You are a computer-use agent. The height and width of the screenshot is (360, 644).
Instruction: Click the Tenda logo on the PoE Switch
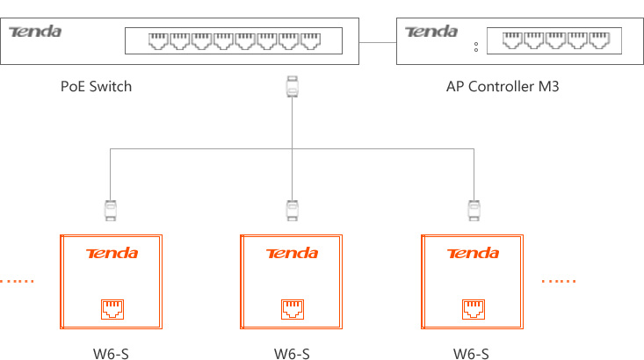tap(35, 32)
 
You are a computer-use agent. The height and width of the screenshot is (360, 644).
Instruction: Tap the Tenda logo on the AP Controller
tap(431, 32)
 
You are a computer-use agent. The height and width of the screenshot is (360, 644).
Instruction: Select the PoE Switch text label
tap(96, 87)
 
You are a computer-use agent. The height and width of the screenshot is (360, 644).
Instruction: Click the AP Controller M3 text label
tap(503, 87)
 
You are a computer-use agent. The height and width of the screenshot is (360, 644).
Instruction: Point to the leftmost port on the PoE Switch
tap(158, 40)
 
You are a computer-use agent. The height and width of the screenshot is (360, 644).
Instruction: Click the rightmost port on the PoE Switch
tap(311, 40)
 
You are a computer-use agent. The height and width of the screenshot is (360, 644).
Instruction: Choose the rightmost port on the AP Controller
tap(600, 40)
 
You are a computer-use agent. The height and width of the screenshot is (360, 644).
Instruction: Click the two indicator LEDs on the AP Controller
tap(476, 46)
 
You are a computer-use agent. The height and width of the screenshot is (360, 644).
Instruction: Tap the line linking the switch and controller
tap(379, 40)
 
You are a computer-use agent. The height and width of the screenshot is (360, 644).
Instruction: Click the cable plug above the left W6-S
tap(110, 210)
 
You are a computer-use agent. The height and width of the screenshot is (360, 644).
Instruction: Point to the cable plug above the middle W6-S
tap(292, 210)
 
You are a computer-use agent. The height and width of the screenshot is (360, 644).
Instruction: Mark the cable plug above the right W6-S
tap(474, 210)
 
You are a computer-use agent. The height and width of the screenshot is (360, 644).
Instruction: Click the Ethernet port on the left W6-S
tap(112, 308)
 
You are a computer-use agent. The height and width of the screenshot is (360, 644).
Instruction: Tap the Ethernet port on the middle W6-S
tap(292, 308)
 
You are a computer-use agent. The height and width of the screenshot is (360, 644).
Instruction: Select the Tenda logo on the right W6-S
tap(473, 254)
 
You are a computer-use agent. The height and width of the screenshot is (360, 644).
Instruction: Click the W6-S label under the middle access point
tap(292, 354)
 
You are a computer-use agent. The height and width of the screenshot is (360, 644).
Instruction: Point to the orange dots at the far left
tap(16, 281)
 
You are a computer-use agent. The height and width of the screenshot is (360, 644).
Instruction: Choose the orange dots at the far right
tap(559, 281)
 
